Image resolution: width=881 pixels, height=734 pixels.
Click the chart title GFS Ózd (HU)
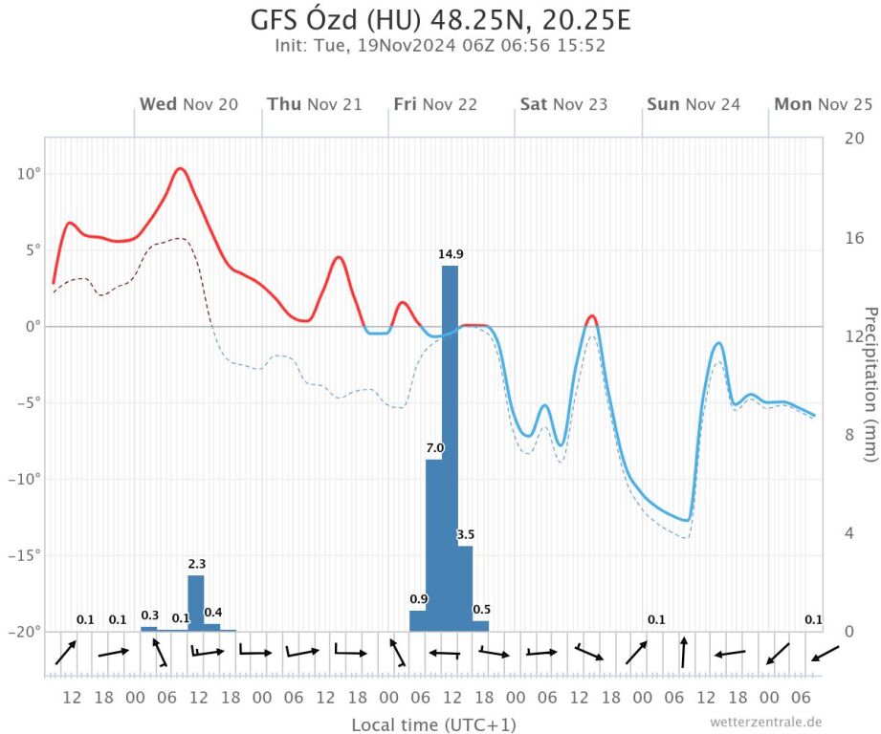coord(440,20)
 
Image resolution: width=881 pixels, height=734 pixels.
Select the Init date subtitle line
coord(440,45)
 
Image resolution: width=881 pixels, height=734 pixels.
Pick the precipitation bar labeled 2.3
coord(196,602)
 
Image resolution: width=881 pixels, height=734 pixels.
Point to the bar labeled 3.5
coord(465,588)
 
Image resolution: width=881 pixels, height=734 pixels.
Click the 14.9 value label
coord(451,254)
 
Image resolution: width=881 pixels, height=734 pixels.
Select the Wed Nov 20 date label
coord(188,104)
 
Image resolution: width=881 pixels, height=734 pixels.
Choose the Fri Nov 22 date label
coord(435,104)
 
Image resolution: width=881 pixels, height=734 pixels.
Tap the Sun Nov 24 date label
coord(694,104)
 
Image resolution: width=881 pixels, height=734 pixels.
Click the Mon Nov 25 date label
coord(823,104)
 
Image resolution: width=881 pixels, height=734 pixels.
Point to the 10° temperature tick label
coord(27,174)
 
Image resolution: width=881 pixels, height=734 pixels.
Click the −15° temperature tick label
coord(24,555)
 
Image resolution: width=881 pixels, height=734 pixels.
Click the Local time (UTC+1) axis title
coord(433,724)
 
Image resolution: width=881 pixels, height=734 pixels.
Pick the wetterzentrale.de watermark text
coord(765,722)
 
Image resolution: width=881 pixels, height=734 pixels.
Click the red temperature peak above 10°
coord(180,169)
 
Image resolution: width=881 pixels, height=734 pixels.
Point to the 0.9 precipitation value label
coord(419,599)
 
